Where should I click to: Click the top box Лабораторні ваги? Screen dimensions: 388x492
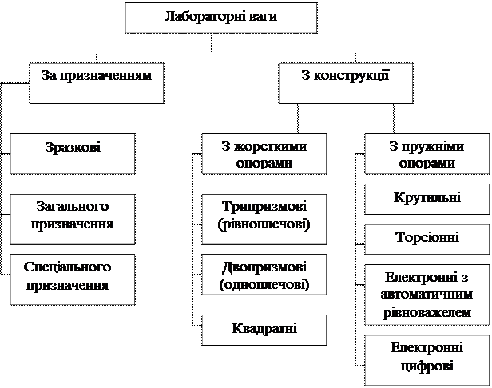point(220,18)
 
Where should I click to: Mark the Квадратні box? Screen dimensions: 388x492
point(264,329)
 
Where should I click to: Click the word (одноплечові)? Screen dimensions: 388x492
point(264,285)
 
